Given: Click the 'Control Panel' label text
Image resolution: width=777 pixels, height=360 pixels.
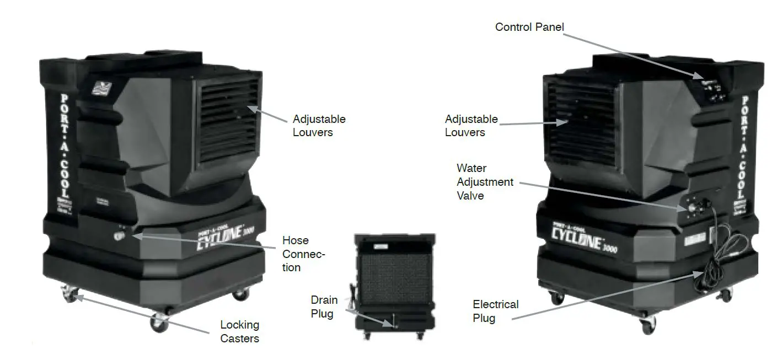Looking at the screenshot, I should (529, 26).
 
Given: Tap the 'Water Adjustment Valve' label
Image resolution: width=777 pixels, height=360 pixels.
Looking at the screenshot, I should (485, 181).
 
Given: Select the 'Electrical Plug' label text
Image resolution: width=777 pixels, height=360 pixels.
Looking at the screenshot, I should (495, 311).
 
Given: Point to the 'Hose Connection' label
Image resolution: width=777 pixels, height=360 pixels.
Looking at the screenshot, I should (303, 254).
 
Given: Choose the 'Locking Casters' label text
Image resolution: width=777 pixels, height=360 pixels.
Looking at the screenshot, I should (239, 331).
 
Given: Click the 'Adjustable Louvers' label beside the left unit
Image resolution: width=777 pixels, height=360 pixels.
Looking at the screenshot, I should (319, 125).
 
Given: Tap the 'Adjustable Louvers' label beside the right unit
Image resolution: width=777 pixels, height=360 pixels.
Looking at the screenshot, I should (471, 125).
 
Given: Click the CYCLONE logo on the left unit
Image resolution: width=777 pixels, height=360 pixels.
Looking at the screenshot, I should (223, 240).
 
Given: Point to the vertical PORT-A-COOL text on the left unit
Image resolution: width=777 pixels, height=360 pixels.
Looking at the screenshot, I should (65, 147).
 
